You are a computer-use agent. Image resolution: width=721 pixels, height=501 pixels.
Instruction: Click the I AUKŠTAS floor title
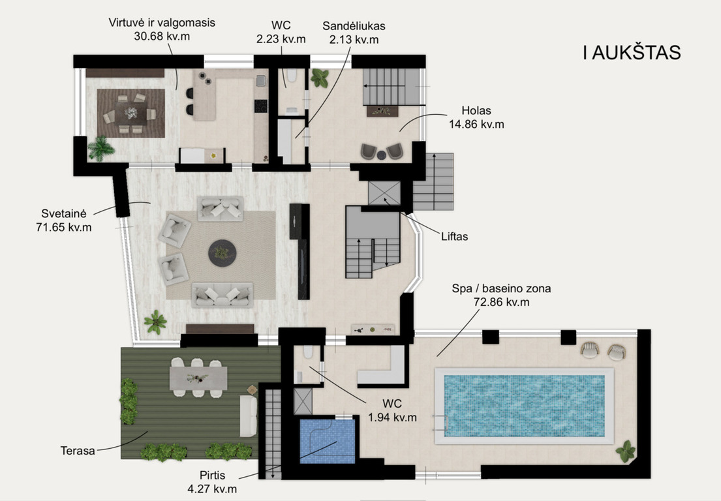[632, 53]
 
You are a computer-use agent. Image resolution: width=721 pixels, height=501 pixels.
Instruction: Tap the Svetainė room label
[64, 213]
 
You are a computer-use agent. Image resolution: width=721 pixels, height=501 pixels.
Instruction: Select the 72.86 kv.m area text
[501, 302]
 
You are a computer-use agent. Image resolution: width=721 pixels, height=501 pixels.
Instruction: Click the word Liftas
[454, 236]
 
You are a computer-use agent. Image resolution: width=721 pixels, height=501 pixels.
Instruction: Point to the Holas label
[476, 111]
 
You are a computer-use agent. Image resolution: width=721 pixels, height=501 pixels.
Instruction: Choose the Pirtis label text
[213, 476]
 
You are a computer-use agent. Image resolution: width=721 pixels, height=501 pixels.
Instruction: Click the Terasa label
[78, 450]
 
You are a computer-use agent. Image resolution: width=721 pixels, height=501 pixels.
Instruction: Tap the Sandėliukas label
[354, 25]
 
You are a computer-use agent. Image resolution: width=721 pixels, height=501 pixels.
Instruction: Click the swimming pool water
[524, 406]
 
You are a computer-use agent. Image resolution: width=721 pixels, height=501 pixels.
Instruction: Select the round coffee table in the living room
[222, 253]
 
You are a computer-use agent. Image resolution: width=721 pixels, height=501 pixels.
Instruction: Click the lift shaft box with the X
[384, 192]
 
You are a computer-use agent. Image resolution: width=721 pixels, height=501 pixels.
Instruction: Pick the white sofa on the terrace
[249, 416]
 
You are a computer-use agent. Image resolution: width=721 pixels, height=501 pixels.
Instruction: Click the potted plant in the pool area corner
[626, 451]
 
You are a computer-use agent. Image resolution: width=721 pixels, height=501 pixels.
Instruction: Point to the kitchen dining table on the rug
[131, 113]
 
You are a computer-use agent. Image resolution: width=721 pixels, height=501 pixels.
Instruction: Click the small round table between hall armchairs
[382, 155]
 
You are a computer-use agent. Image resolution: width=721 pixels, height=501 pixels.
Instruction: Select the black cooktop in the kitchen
[261, 106]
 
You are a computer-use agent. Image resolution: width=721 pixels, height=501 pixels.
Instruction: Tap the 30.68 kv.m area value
[162, 37]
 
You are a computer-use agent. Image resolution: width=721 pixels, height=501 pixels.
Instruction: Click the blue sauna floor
[328, 441]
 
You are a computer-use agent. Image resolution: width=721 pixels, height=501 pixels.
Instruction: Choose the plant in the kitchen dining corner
[101, 149]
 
